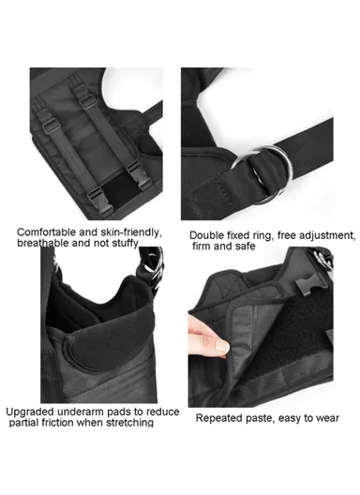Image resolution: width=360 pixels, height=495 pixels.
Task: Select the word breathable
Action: [48, 244]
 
